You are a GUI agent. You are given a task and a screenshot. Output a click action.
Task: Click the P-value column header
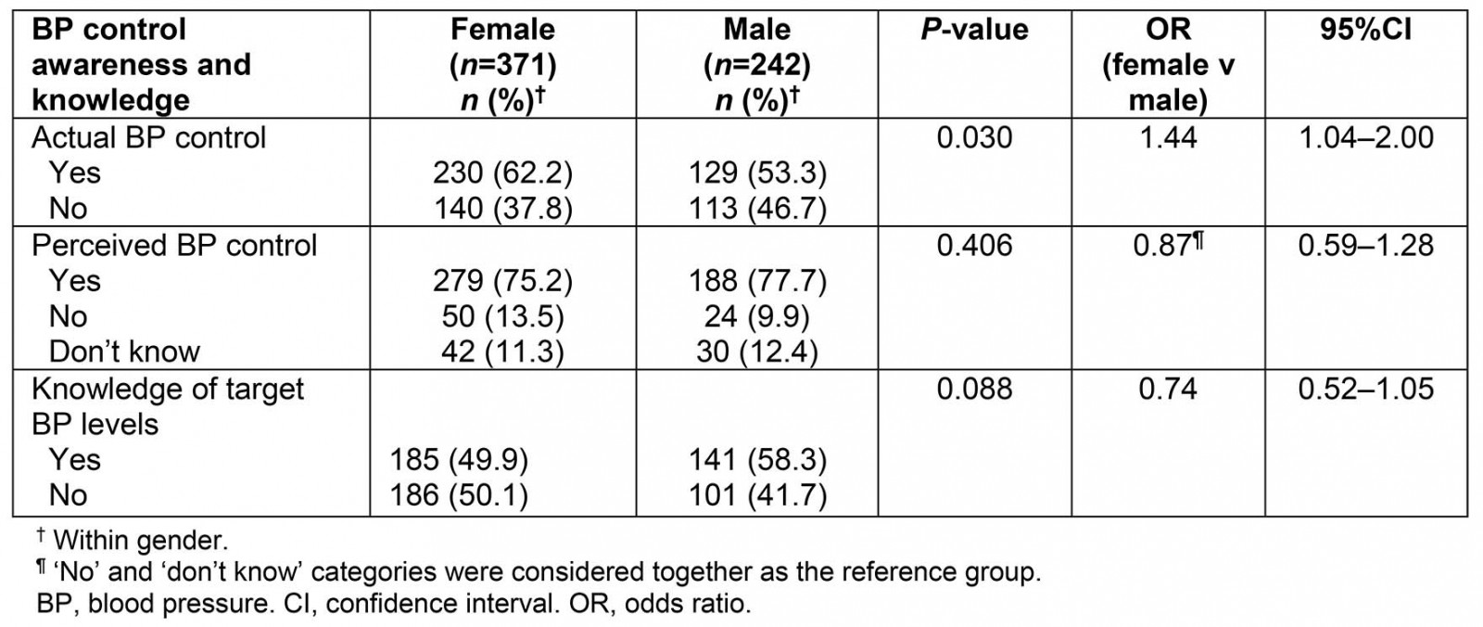click(974, 30)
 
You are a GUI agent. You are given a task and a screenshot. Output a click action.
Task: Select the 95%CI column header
click(1365, 30)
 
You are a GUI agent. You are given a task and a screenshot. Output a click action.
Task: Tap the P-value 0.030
click(974, 137)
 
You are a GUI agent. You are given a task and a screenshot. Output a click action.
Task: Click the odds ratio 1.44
click(1168, 137)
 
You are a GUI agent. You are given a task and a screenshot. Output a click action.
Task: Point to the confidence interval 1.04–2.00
click(1365, 137)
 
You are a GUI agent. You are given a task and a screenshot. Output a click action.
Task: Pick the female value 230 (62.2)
click(502, 173)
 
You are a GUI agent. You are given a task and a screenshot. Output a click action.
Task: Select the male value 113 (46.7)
click(757, 209)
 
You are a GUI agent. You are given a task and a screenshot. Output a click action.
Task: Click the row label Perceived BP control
click(174, 245)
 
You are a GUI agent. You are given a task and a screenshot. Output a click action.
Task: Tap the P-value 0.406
click(974, 245)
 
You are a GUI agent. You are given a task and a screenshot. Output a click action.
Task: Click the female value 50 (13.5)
click(502, 316)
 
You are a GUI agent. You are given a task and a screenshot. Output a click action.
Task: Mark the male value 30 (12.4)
click(757, 352)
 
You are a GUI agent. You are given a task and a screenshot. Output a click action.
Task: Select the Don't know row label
click(124, 352)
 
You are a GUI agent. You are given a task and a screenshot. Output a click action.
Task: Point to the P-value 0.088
click(974, 389)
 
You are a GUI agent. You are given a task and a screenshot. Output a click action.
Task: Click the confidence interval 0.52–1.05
click(1365, 389)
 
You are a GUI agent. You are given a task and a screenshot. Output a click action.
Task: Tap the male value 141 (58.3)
click(757, 460)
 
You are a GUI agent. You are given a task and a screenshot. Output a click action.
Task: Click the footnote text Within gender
click(140, 540)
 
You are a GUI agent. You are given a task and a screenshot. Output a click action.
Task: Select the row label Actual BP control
click(148, 137)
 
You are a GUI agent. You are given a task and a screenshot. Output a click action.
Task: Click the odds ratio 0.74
click(1168, 389)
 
